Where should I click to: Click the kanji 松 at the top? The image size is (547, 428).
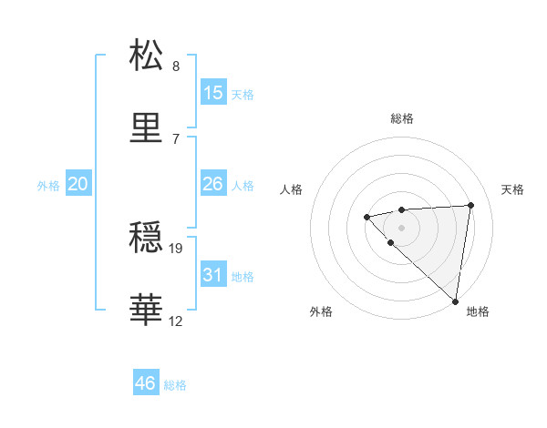pyautogui.click(x=148, y=56)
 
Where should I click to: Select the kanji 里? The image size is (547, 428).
pyautogui.click(x=148, y=127)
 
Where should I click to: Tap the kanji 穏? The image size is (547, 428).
pyautogui.click(x=148, y=239)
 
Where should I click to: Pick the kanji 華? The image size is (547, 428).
pyautogui.click(x=148, y=311)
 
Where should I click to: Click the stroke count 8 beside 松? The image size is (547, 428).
pyautogui.click(x=176, y=66)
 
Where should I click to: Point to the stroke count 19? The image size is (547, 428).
pyautogui.click(x=177, y=248)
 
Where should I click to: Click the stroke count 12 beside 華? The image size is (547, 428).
pyautogui.click(x=176, y=321)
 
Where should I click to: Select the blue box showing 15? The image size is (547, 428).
pyautogui.click(x=213, y=93)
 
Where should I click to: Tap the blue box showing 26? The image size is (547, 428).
pyautogui.click(x=213, y=184)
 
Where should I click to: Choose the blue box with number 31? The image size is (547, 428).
pyautogui.click(x=213, y=275)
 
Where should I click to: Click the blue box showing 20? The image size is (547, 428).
pyautogui.click(x=78, y=184)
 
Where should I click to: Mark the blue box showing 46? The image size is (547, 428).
pyautogui.click(x=146, y=383)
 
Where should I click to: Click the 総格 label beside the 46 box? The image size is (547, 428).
pyautogui.click(x=175, y=385)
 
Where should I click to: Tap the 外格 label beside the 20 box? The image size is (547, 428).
pyautogui.click(x=48, y=186)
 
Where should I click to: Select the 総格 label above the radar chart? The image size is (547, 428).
pyautogui.click(x=402, y=118)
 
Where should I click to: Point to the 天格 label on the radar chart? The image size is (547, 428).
pyautogui.click(x=513, y=189)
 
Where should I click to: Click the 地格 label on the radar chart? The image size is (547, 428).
pyautogui.click(x=478, y=312)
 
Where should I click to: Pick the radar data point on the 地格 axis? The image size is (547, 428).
pyautogui.click(x=455, y=301)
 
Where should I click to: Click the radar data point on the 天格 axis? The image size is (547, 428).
pyautogui.click(x=470, y=205)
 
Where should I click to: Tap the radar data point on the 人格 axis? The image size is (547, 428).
pyautogui.click(x=366, y=217)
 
